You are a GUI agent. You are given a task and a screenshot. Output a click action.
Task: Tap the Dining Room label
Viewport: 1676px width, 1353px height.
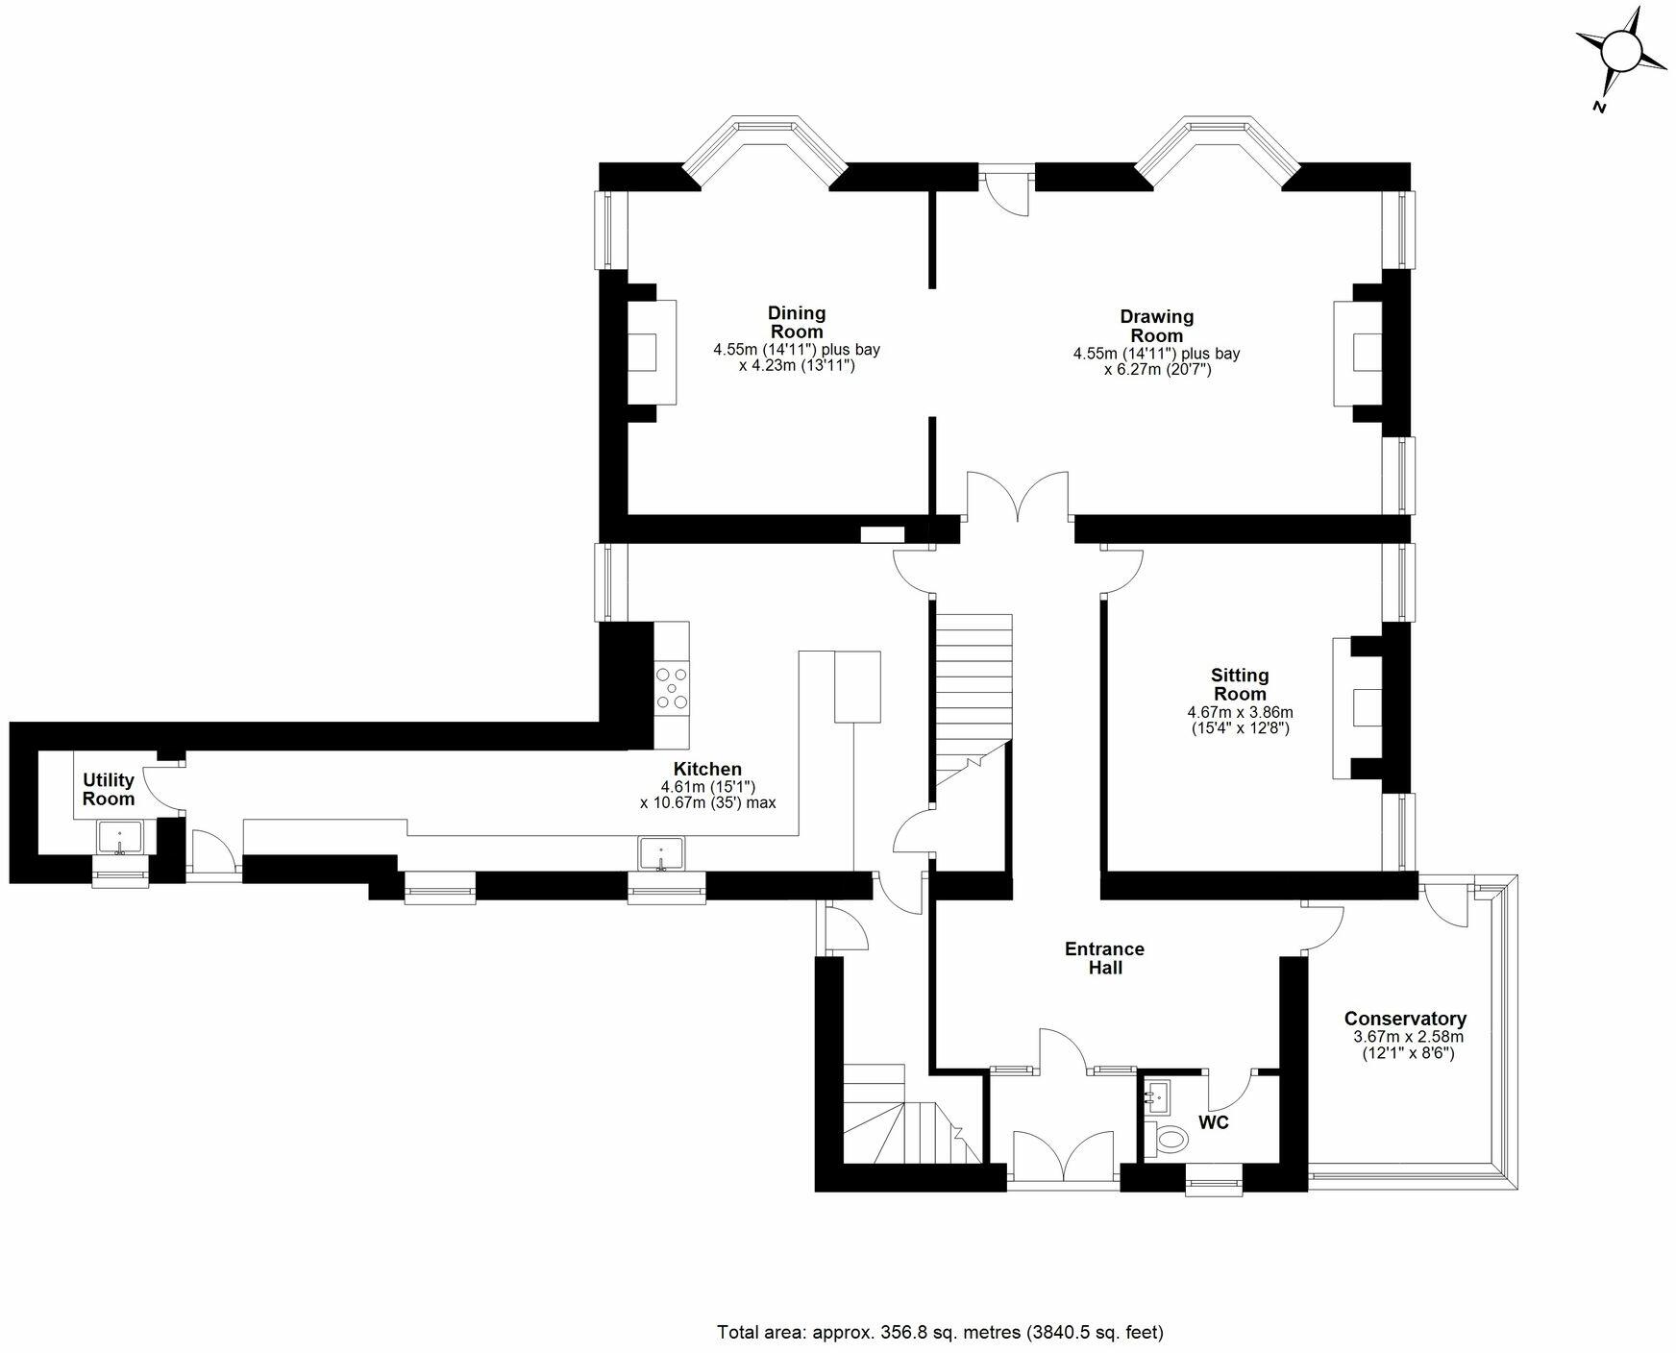(x=796, y=322)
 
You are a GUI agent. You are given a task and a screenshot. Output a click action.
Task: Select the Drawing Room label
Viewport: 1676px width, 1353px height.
(x=1156, y=326)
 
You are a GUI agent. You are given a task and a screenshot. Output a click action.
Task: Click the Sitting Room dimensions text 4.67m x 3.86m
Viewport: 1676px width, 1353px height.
(x=1240, y=712)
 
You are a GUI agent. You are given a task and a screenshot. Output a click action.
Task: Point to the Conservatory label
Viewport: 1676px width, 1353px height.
(x=1405, y=1019)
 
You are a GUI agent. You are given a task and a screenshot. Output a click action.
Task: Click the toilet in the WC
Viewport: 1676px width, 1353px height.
(x=1168, y=1141)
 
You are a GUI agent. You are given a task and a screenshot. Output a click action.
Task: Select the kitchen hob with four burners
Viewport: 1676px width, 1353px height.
(x=672, y=689)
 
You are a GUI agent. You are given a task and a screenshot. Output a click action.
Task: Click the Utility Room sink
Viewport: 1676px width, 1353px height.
(x=119, y=838)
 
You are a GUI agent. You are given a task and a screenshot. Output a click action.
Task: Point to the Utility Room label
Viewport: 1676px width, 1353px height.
(x=108, y=789)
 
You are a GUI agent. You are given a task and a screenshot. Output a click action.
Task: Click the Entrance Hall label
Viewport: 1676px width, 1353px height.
(x=1104, y=958)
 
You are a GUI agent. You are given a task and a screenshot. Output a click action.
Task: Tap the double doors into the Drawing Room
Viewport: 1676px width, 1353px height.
(x=1018, y=498)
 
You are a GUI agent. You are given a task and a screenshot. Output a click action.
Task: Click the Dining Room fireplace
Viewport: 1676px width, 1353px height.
(x=649, y=353)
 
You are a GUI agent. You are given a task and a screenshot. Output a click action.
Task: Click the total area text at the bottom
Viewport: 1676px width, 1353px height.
(x=940, y=1333)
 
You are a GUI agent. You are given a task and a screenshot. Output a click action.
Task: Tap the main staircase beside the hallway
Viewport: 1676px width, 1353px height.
(x=974, y=692)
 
